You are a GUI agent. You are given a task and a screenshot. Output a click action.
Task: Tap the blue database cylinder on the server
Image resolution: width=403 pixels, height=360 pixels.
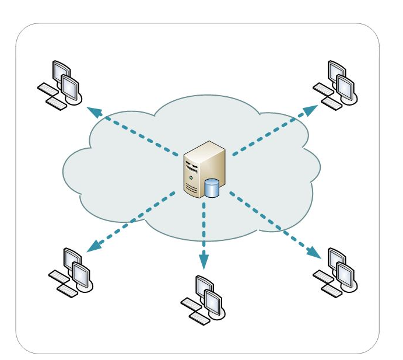[x=212, y=188]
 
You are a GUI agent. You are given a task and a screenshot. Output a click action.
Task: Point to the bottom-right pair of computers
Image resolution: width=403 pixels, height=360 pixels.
[x=338, y=271]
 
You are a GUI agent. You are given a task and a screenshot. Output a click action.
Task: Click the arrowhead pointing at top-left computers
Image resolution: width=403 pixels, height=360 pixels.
[x=93, y=111]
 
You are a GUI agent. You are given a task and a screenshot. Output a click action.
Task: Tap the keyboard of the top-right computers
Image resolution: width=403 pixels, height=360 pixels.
[x=327, y=93]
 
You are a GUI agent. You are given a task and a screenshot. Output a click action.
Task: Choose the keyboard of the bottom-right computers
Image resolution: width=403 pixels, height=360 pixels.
[x=327, y=281]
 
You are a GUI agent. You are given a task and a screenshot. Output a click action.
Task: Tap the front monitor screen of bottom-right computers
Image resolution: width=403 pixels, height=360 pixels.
[x=345, y=274]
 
